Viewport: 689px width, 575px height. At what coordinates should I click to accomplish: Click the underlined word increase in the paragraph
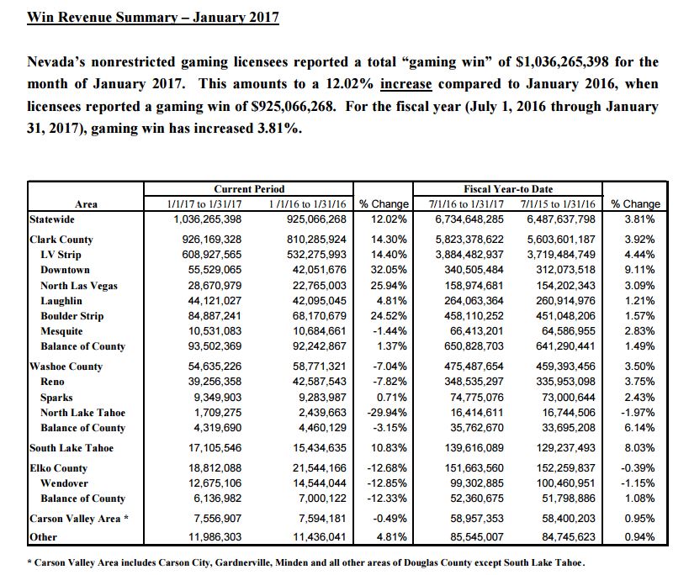point(406,85)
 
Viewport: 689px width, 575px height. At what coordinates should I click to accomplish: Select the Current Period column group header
point(249,189)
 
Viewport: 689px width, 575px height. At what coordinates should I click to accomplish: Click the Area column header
point(86,203)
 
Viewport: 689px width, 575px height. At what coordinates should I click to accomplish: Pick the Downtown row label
point(65,270)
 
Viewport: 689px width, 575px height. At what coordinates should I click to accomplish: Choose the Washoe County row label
point(66,367)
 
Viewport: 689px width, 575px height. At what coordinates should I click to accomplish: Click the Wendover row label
point(65,483)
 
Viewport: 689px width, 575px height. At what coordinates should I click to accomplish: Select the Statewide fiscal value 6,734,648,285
point(469,219)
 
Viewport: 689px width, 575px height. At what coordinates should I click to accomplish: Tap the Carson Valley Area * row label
point(77,519)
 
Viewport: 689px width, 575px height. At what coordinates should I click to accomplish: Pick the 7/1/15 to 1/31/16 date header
point(559,203)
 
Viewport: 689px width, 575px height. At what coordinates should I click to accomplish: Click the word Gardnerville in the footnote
point(264,562)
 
